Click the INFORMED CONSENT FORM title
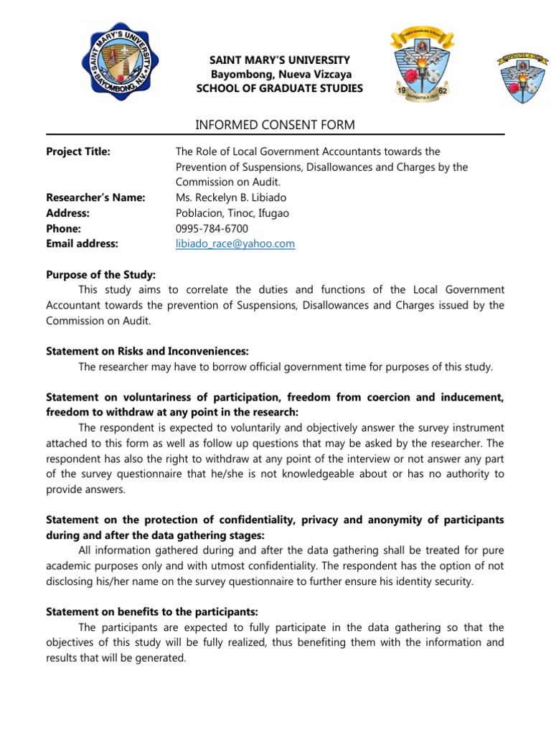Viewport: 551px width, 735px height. [275, 126]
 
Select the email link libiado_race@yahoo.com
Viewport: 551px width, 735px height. [235, 244]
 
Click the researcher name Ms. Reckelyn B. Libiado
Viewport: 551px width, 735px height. [228, 197]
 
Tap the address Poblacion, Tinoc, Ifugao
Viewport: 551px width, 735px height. [232, 213]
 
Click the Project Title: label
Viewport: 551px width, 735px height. [78, 151]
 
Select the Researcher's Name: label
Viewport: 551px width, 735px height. [95, 197]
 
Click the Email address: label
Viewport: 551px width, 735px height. [82, 244]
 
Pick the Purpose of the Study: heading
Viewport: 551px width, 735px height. [100, 275]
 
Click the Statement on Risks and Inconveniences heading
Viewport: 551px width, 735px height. [147, 352]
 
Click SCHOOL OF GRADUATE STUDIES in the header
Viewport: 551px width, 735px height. [280, 88]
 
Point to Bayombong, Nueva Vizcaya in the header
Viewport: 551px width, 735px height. [280, 75]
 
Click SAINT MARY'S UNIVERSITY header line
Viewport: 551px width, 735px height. [280, 60]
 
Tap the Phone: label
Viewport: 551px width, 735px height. [63, 228]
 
